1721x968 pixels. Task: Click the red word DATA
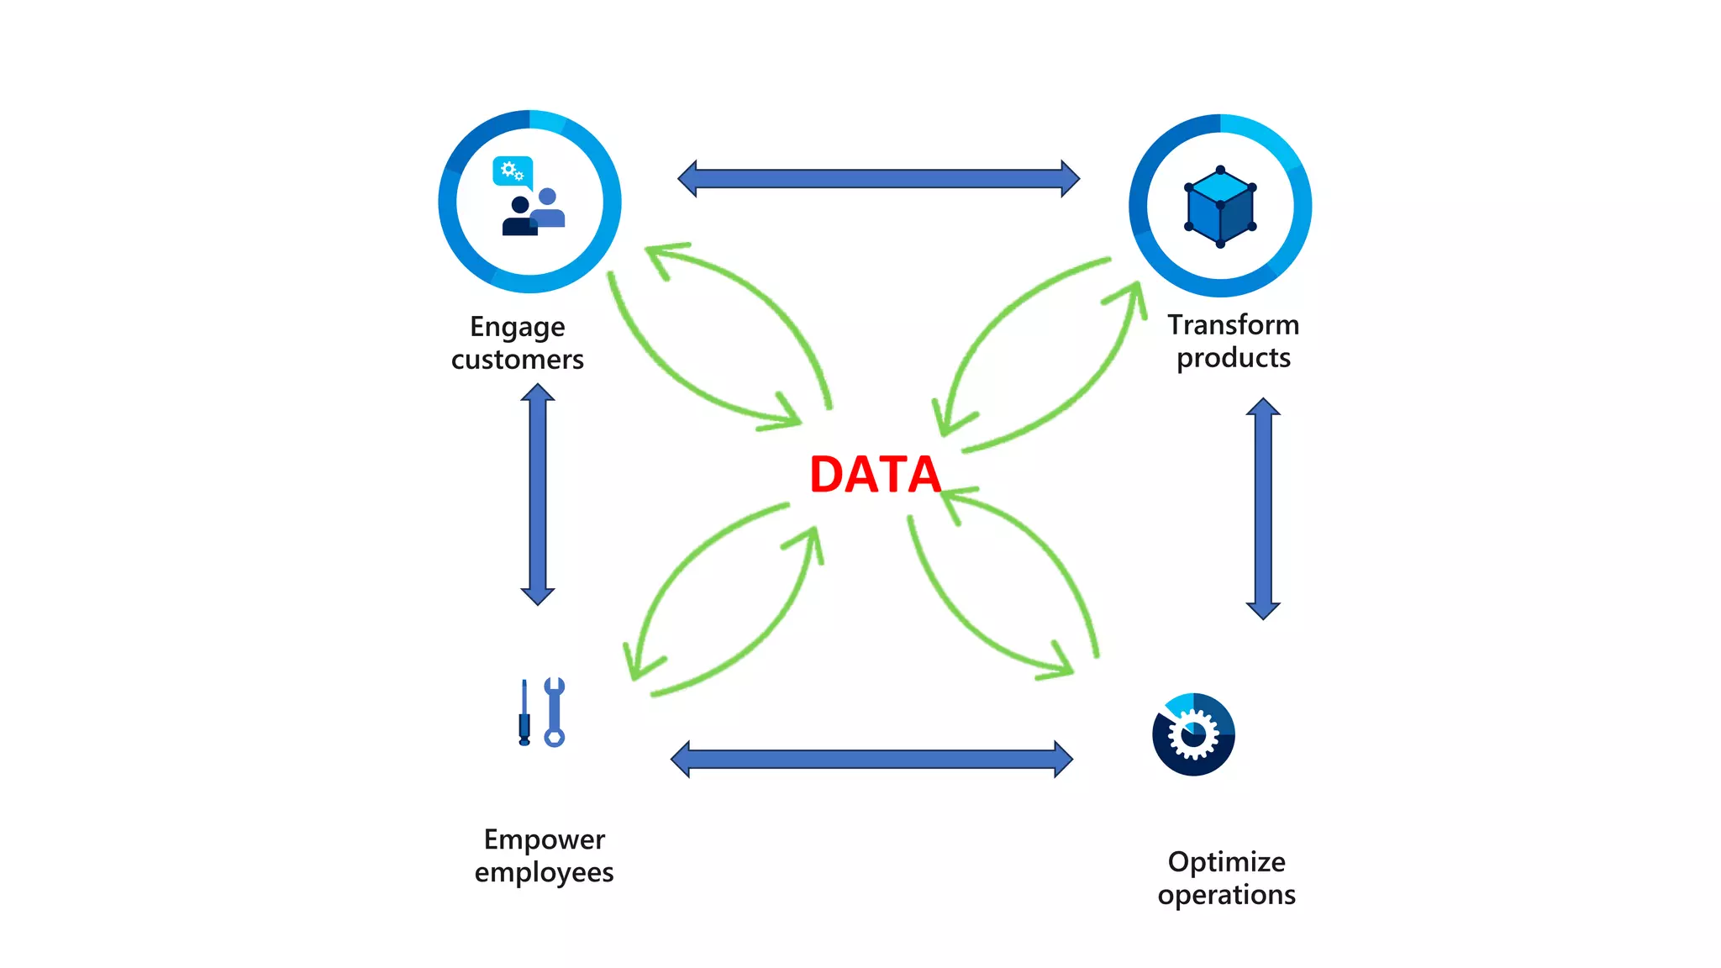(x=875, y=474)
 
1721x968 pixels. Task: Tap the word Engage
(x=517, y=327)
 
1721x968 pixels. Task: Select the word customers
(x=517, y=360)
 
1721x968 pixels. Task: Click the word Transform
(x=1233, y=324)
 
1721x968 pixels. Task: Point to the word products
(x=1233, y=358)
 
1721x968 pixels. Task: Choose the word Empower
(x=544, y=839)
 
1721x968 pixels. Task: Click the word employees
(x=544, y=872)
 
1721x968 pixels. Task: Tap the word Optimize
(x=1226, y=862)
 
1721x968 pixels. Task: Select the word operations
(x=1226, y=895)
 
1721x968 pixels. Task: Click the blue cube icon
(x=1220, y=207)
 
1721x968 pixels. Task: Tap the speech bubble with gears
(x=512, y=171)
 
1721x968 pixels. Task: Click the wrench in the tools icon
(x=554, y=712)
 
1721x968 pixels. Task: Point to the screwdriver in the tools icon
(x=524, y=713)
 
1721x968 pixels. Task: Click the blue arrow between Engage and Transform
(x=878, y=178)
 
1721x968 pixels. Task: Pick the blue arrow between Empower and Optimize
(x=871, y=760)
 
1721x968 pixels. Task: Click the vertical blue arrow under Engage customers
(x=538, y=494)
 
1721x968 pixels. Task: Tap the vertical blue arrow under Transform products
(x=1263, y=508)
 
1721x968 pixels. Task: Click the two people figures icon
(x=533, y=213)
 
